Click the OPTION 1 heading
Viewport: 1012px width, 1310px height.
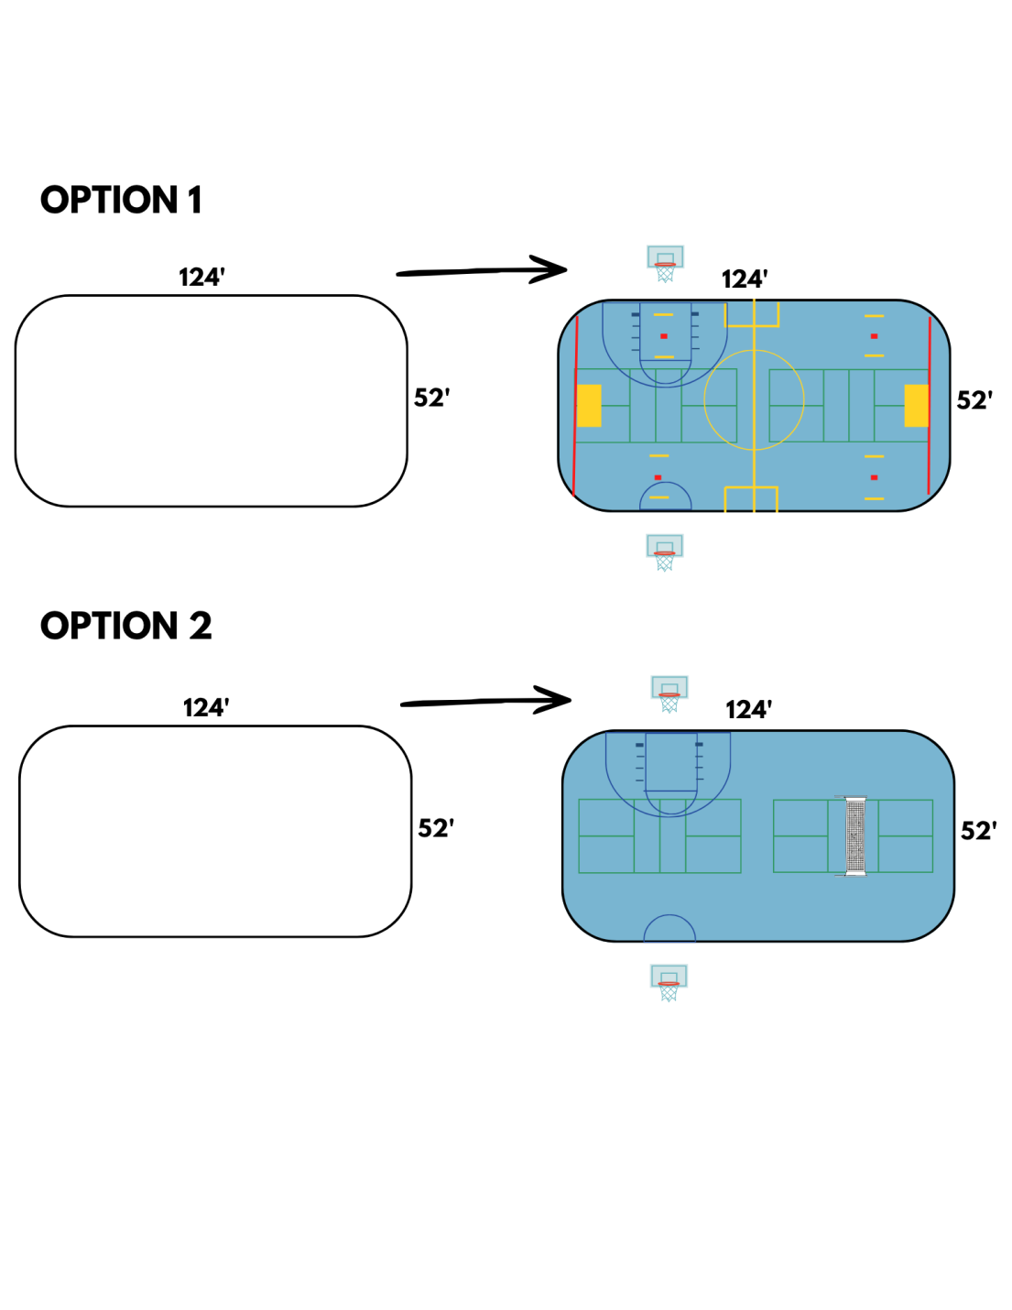pos(121,200)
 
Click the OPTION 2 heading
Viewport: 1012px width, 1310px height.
pos(126,625)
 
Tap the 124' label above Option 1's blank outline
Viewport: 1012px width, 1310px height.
pos(201,278)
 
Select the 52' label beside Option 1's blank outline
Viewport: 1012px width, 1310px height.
pos(431,398)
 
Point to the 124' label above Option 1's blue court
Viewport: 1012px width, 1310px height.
pos(745,279)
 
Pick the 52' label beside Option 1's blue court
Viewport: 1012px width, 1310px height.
pos(974,400)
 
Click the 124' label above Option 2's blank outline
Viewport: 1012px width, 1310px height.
pos(206,708)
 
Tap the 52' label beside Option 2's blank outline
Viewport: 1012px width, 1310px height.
pos(436,828)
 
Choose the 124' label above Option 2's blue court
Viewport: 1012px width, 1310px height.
pos(749,710)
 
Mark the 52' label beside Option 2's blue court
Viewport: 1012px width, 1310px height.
pos(979,831)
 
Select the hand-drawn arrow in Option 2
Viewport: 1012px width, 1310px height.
pos(486,702)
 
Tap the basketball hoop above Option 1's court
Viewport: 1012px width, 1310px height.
pos(666,264)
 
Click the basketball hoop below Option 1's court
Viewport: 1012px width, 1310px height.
pos(665,552)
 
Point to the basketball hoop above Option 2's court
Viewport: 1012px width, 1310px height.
pos(669,693)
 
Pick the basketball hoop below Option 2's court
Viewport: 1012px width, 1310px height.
pos(669,983)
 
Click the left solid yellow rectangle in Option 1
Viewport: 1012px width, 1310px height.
pos(589,406)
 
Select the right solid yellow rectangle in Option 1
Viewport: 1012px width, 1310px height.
pos(916,406)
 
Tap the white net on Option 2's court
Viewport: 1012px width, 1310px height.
pos(855,836)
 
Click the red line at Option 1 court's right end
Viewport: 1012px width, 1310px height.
pos(930,406)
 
